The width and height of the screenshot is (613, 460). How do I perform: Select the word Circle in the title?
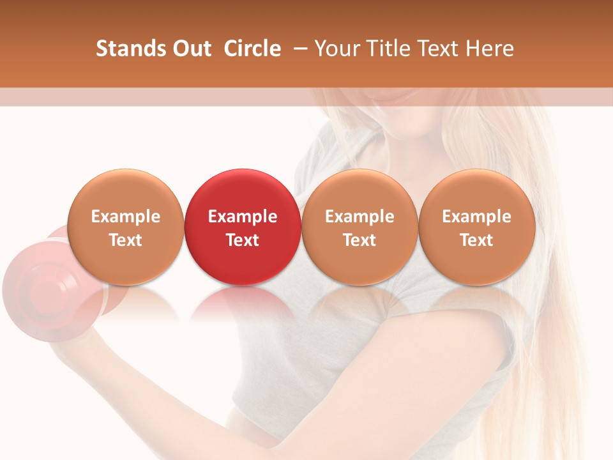tap(252, 49)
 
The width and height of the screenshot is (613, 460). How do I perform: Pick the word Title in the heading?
tap(388, 49)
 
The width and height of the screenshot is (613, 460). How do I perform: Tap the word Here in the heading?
tap(489, 49)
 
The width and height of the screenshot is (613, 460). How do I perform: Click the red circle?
tap(243, 227)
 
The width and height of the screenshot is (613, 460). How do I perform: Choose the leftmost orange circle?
tap(125, 227)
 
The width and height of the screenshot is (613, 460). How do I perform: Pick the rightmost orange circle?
tap(476, 227)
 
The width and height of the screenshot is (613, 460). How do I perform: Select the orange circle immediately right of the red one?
tap(359, 227)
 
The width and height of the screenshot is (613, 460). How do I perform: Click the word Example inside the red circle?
tap(243, 217)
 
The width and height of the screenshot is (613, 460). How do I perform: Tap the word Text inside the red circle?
tap(243, 240)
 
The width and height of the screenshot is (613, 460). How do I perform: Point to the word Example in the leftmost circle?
tap(125, 217)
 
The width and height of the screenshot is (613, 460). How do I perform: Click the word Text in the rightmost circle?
tap(476, 240)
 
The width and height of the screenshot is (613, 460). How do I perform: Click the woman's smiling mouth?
tap(396, 96)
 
